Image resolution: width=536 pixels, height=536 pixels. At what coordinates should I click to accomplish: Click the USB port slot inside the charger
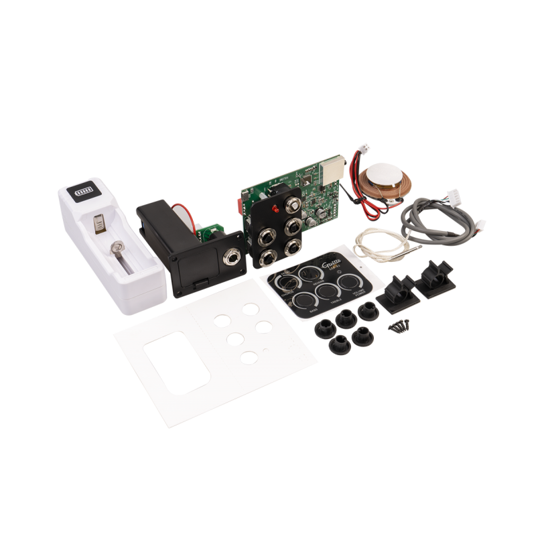99,223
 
